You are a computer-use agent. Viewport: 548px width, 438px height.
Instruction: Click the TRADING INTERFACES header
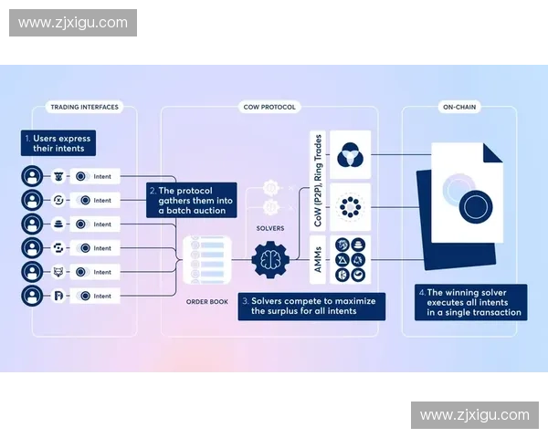tap(83, 108)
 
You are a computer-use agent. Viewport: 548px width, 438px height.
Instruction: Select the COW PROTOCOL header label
tap(269, 108)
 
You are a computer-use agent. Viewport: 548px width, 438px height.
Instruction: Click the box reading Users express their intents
tap(57, 143)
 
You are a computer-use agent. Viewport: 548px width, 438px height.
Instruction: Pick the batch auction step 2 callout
tap(193, 200)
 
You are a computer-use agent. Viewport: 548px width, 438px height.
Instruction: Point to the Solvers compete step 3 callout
tap(311, 306)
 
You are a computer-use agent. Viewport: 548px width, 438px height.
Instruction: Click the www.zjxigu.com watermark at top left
tap(73, 22)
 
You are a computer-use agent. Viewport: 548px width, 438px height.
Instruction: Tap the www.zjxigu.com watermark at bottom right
tap(474, 415)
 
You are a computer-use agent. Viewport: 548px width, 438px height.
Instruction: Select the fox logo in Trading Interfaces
tap(58, 272)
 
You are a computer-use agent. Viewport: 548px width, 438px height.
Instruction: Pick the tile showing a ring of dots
tap(351, 207)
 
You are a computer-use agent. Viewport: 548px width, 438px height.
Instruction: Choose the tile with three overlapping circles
tap(351, 155)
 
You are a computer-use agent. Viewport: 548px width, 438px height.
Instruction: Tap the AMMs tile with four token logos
tap(351, 259)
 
